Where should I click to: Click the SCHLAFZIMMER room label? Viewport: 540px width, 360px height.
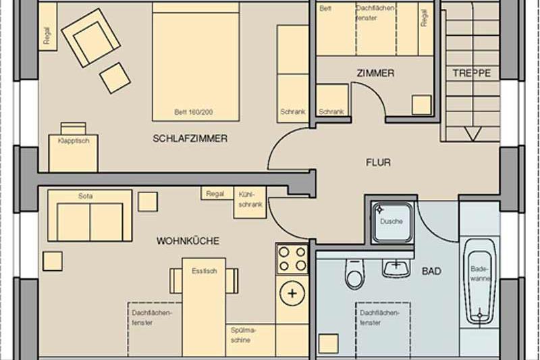190,138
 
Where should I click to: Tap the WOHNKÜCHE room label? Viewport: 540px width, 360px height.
188,241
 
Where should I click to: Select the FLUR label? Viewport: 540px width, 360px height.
378,162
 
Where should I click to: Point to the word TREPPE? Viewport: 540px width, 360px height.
471,73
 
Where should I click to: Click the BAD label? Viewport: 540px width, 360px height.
431,271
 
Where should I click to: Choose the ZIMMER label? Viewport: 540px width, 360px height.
375,73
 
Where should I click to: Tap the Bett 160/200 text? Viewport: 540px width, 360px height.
194,112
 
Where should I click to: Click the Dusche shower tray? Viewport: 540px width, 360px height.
392,222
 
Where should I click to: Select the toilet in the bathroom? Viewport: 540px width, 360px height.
354,274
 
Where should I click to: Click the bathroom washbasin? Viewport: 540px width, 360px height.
396,267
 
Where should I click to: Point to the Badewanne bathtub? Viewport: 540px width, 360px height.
480,282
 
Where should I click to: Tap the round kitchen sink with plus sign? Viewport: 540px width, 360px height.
292,294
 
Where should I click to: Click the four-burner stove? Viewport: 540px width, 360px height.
292,259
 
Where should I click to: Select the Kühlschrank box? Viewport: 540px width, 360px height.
250,202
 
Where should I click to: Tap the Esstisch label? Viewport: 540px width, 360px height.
205,271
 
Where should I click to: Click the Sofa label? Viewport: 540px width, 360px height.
86,196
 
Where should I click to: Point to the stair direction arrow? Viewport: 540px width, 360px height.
473,134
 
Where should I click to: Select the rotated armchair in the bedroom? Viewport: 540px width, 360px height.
91,38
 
